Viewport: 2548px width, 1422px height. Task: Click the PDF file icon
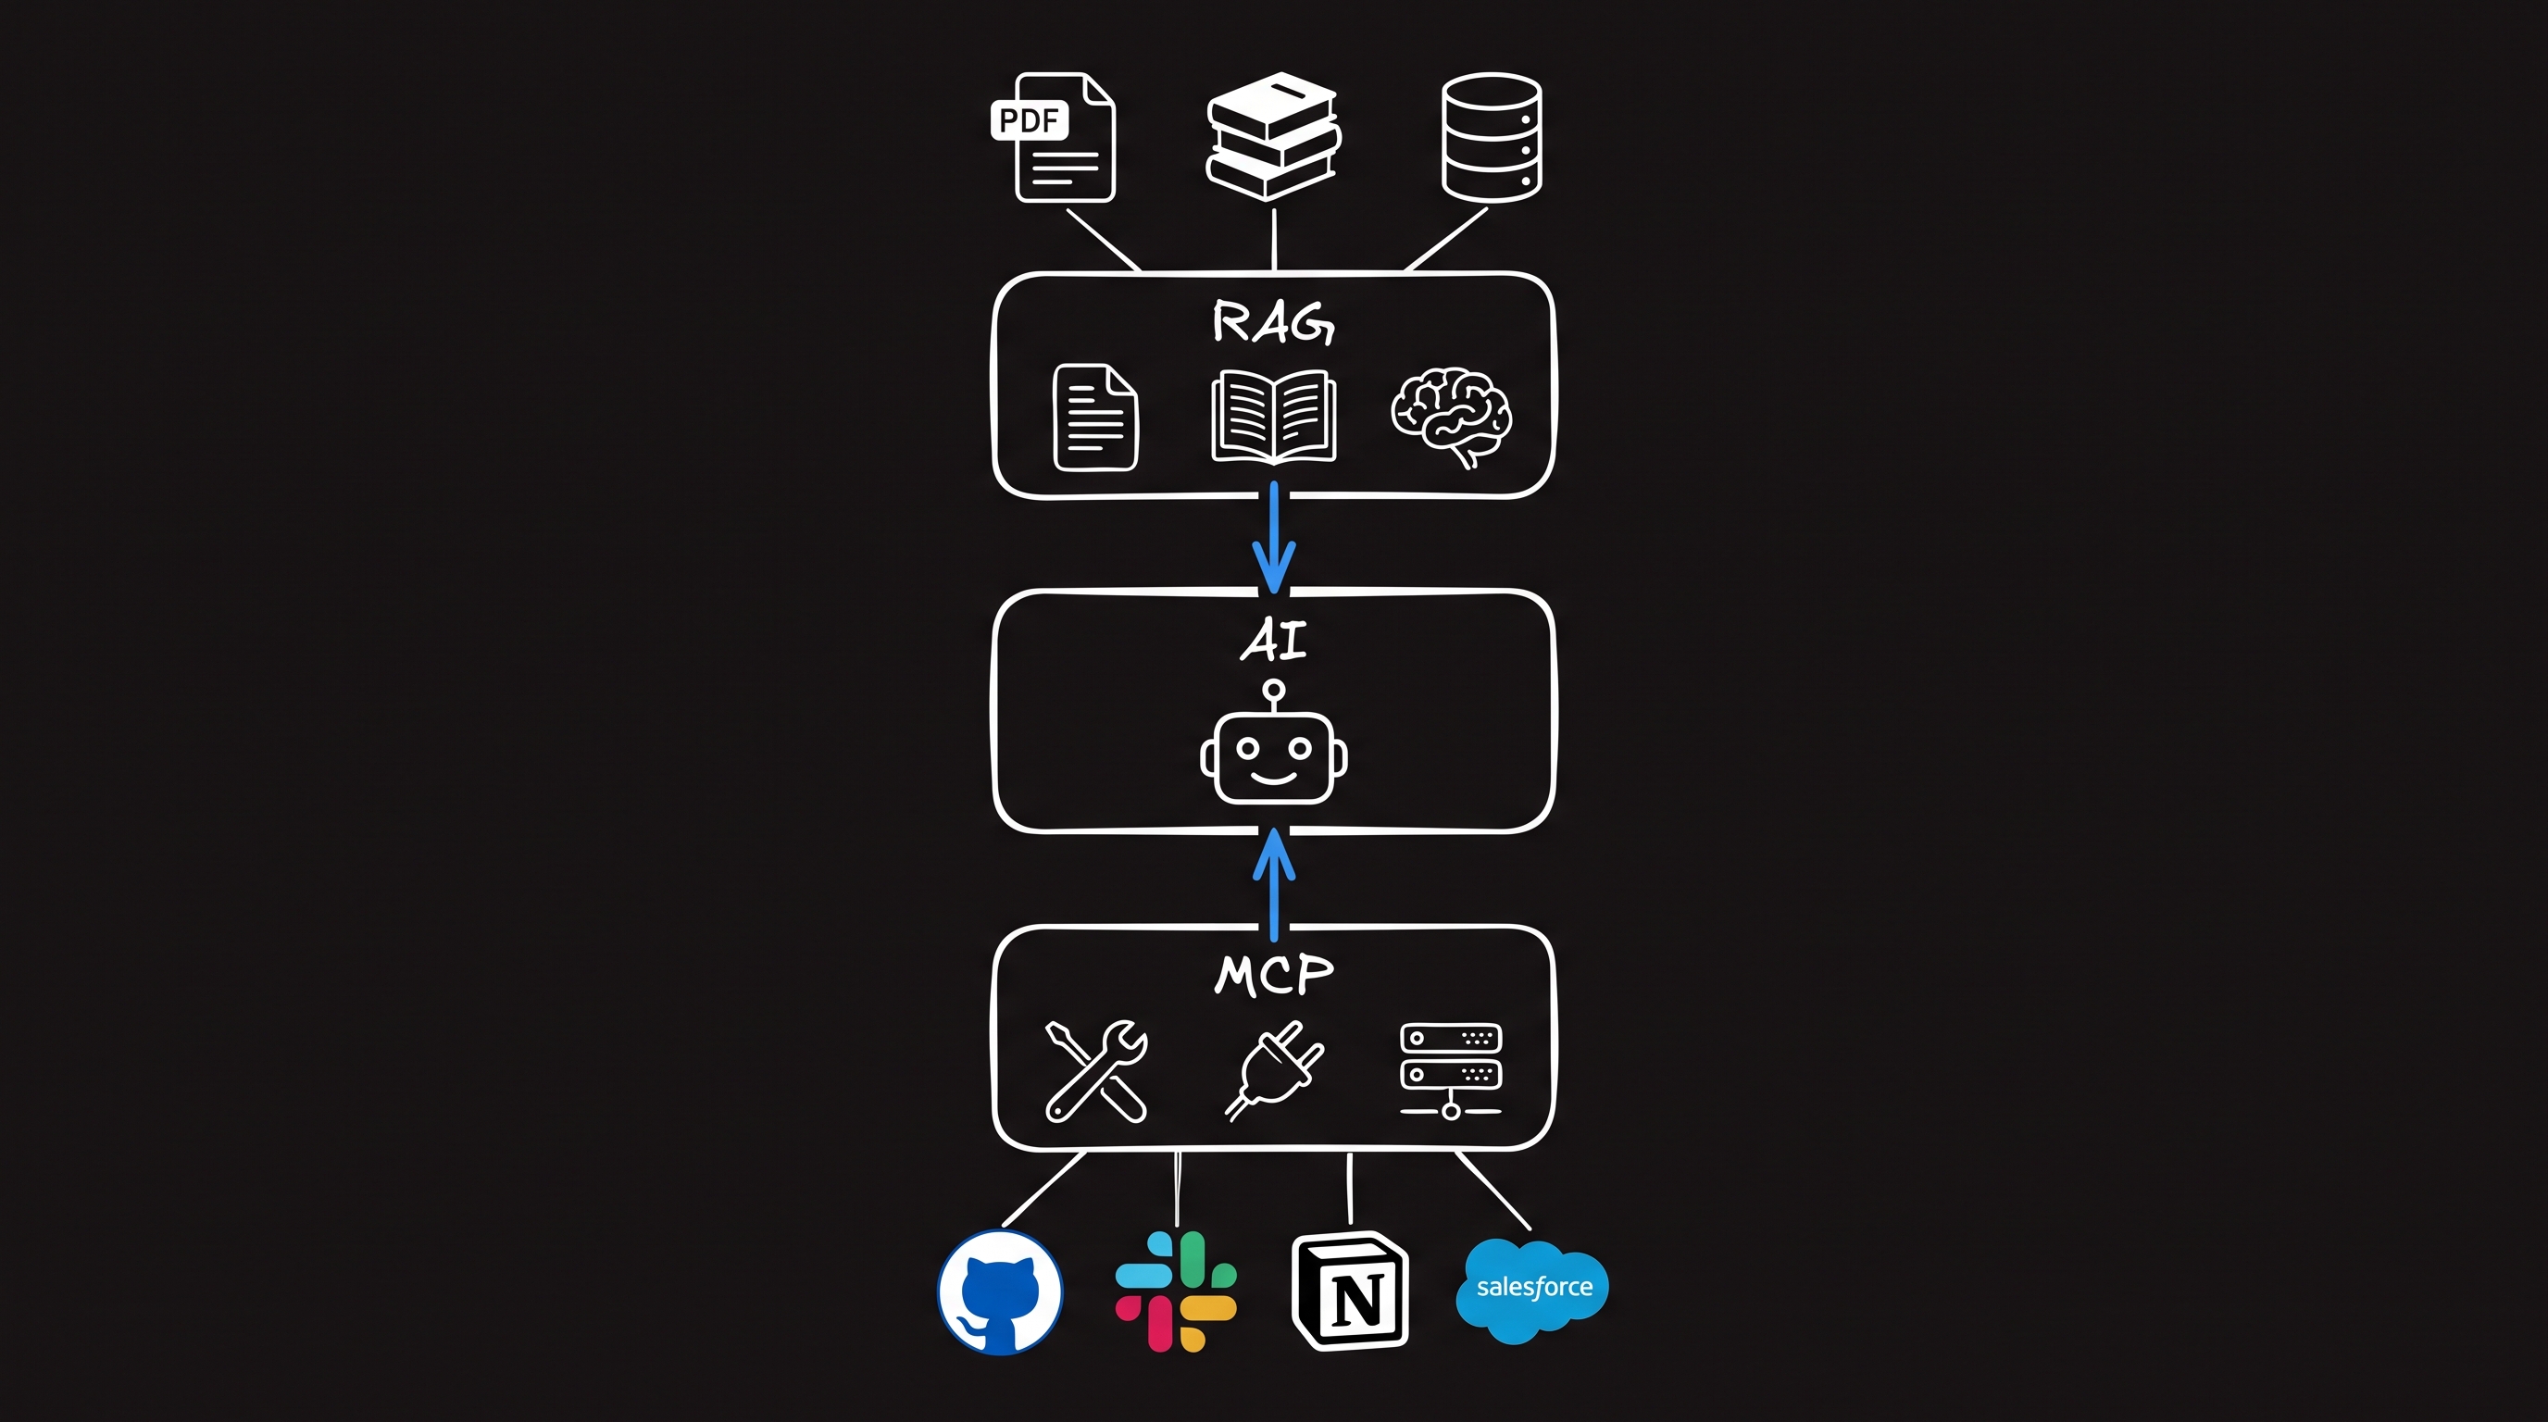point(1055,136)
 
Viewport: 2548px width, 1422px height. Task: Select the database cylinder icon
point(1492,136)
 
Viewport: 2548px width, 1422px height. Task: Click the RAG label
point(1274,321)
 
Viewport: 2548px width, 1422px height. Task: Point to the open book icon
point(1274,417)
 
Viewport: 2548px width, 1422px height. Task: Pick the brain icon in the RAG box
point(1451,418)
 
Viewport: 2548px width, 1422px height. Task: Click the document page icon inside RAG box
point(1096,418)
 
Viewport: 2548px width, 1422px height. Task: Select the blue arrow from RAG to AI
point(1274,537)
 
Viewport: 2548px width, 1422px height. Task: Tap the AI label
point(1274,640)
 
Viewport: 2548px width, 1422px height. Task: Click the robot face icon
point(1274,756)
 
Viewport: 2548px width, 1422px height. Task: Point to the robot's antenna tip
point(1274,690)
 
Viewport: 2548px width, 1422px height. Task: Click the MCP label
point(1274,975)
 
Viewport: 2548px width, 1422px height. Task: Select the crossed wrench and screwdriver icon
point(1096,1071)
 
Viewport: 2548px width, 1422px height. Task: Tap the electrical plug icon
point(1274,1071)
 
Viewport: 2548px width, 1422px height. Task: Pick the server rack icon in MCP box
point(1451,1071)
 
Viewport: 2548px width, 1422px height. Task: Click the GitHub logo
point(1000,1292)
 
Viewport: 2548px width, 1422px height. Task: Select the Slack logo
point(1176,1291)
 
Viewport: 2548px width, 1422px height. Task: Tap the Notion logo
point(1351,1291)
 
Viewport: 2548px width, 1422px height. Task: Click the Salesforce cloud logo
point(1532,1291)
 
